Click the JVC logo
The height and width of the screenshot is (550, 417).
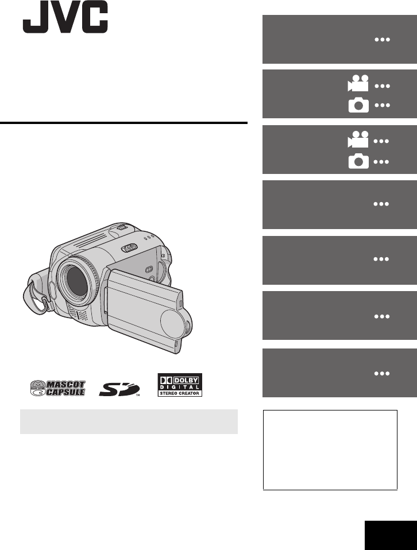pos(65,17)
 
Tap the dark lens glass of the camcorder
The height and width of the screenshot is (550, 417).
pos(76,281)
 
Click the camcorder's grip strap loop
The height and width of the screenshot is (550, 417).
pos(34,295)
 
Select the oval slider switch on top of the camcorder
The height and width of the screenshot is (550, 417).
pos(129,248)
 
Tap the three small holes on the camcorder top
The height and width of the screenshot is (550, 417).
pos(149,238)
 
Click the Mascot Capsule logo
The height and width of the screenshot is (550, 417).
pos(57,388)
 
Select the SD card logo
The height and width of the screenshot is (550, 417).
pos(119,389)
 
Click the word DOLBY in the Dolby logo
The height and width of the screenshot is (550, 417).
pos(186,380)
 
